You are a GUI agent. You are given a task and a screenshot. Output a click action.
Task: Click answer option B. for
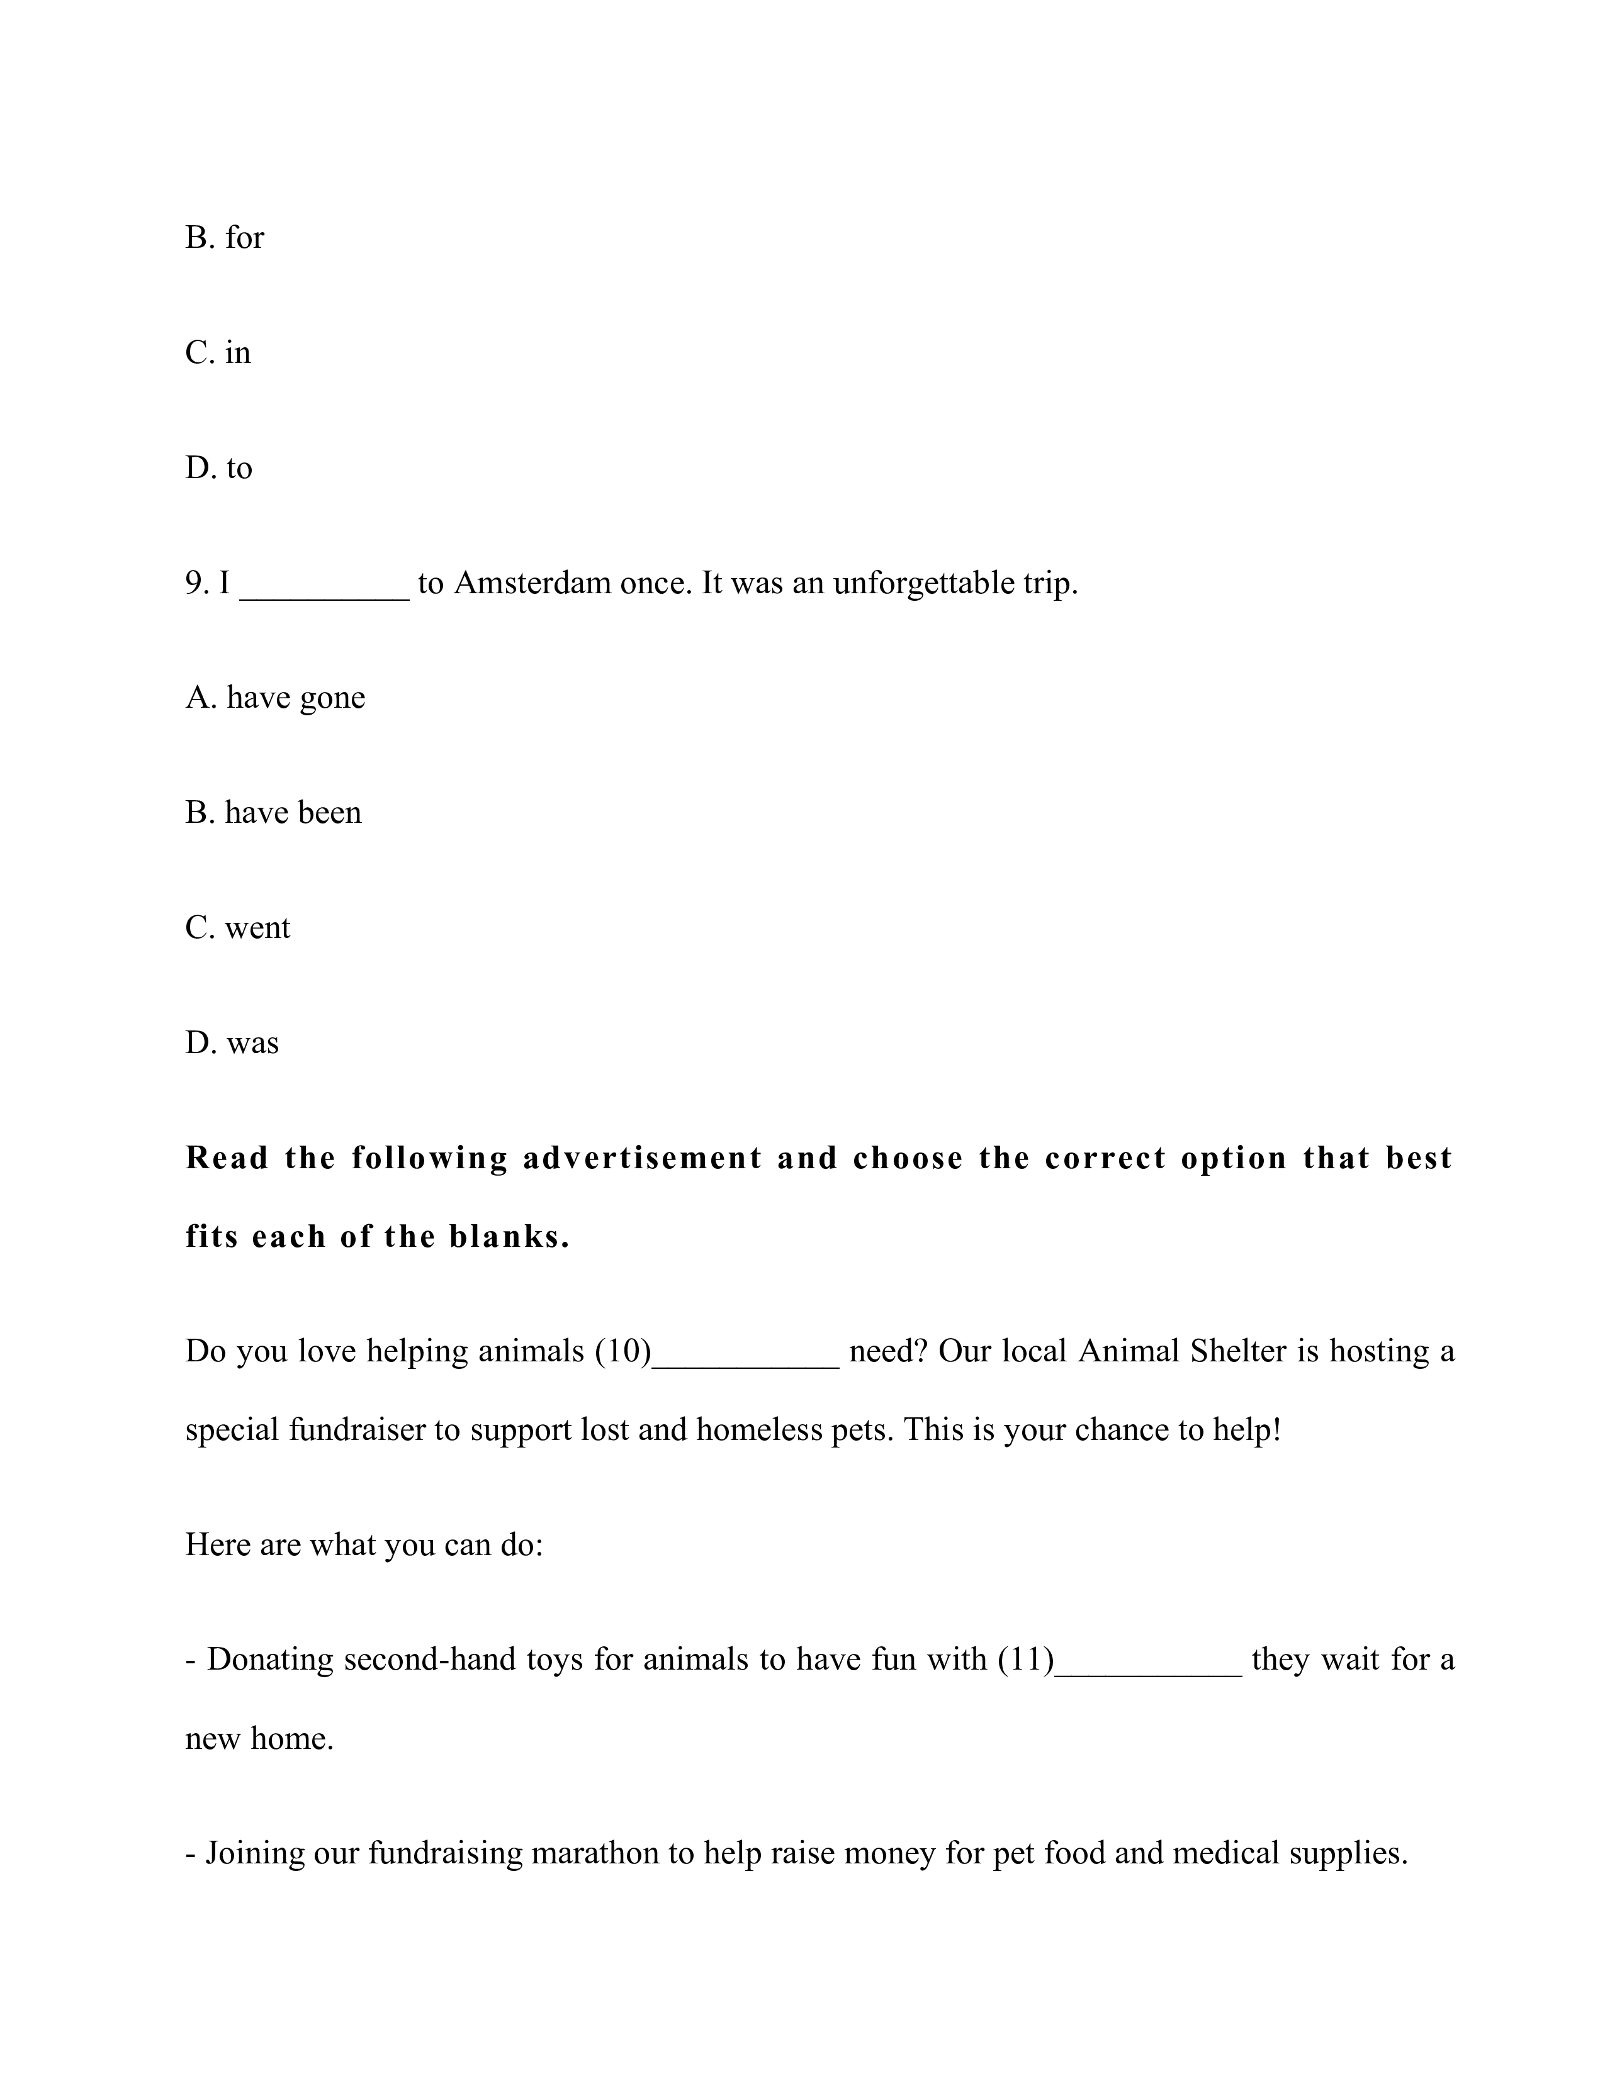click(x=225, y=238)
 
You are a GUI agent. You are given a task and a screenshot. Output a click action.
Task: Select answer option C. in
click(x=218, y=353)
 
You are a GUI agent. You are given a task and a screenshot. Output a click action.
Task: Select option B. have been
click(x=273, y=813)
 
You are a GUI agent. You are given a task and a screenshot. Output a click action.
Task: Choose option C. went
click(x=238, y=928)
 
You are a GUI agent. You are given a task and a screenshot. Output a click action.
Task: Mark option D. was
click(x=232, y=1043)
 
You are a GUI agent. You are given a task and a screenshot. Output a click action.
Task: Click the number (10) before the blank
click(x=622, y=1352)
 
